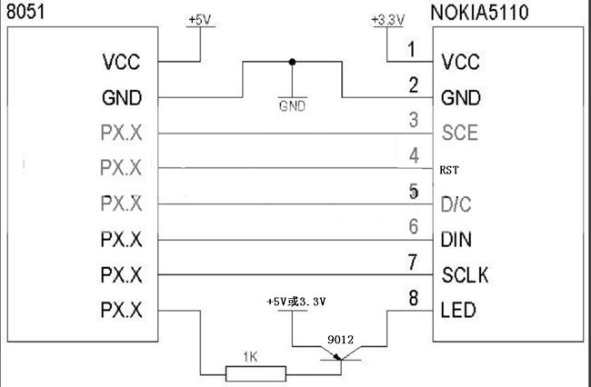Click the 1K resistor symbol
pos(255,372)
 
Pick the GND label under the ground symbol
pos(291,105)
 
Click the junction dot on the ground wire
pos(291,62)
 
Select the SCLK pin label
pos(466,275)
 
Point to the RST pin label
pos(449,169)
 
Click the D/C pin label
pos(456,204)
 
